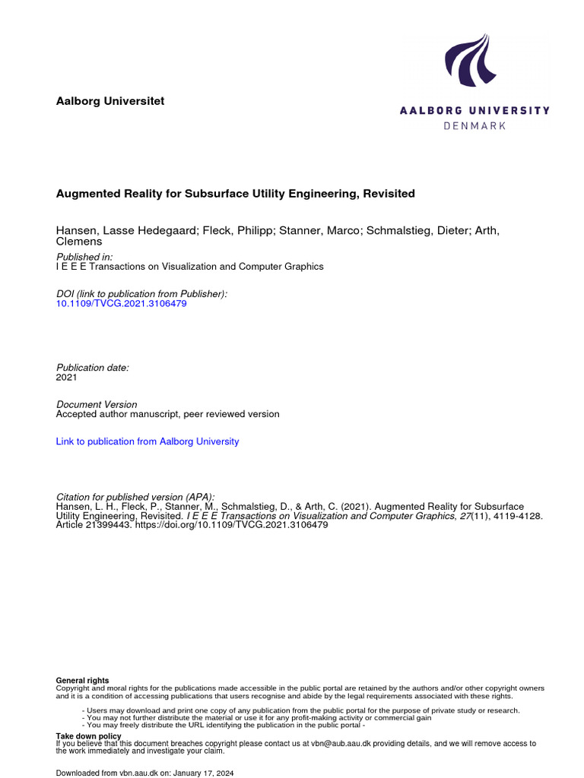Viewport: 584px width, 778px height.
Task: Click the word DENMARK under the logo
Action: point(474,125)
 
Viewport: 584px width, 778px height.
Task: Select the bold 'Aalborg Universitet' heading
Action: point(110,101)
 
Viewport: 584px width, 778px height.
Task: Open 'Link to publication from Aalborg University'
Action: point(148,441)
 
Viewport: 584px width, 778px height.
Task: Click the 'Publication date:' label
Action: point(93,368)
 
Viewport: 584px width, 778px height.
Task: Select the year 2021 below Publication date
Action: point(67,377)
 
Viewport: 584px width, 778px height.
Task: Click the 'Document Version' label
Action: point(97,405)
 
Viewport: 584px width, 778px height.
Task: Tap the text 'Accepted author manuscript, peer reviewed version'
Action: point(168,414)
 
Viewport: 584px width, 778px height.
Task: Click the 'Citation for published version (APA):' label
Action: point(135,497)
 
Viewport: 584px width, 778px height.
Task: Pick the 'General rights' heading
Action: point(83,680)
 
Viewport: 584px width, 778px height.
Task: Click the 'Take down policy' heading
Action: point(89,736)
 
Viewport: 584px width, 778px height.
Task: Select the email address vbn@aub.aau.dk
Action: point(340,744)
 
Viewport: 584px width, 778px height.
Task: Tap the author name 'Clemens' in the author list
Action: point(79,242)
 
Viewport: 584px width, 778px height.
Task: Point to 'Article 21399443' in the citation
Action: point(94,525)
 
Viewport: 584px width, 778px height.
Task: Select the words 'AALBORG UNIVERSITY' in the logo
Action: point(474,110)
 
